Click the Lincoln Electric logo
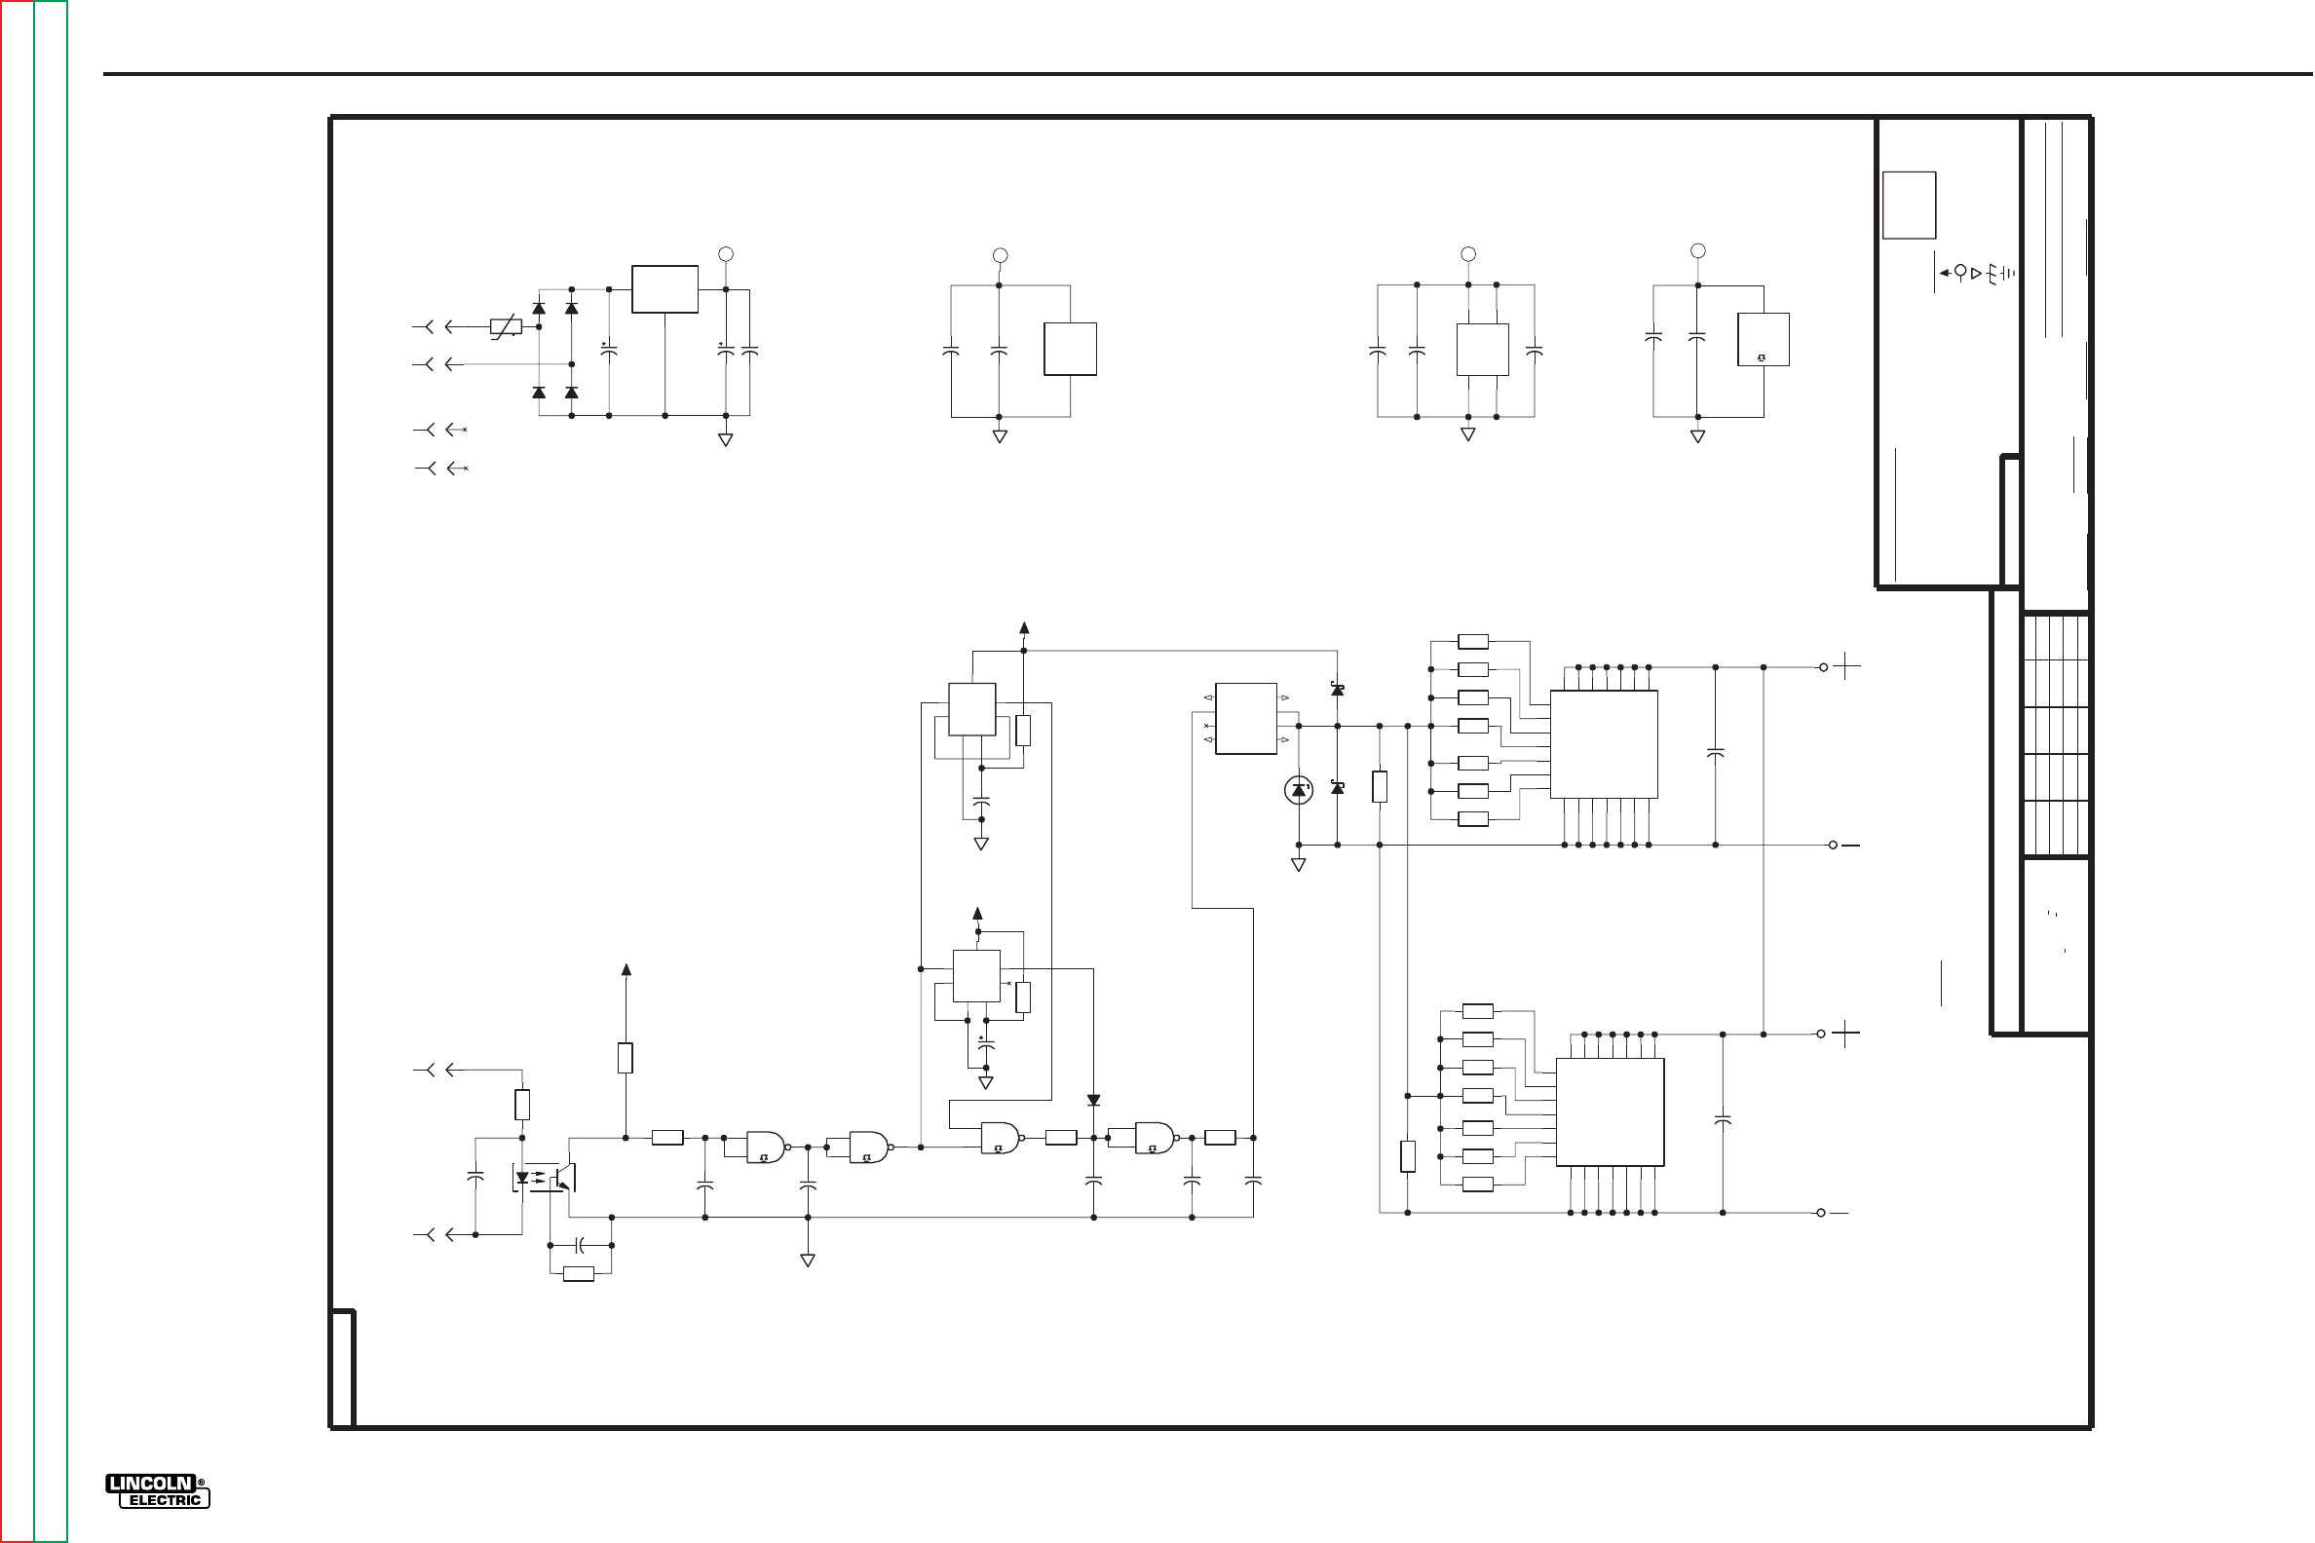click(158, 1490)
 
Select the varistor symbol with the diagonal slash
click(506, 327)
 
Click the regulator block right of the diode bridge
click(664, 289)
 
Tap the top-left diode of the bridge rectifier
click(539, 308)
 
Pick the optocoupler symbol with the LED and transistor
click(543, 1177)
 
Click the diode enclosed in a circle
click(1298, 789)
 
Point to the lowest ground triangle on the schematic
click(808, 1261)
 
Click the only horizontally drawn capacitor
click(581, 1246)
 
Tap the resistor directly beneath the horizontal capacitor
click(578, 1274)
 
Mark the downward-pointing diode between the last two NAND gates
click(1093, 1100)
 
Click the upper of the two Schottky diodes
click(1337, 690)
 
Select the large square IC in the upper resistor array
click(1604, 744)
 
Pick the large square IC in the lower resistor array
click(1610, 1112)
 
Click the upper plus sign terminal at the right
click(1846, 667)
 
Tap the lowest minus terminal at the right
click(1837, 1214)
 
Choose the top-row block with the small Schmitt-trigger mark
click(1763, 340)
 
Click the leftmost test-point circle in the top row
click(726, 254)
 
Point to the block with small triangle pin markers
click(1245, 718)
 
